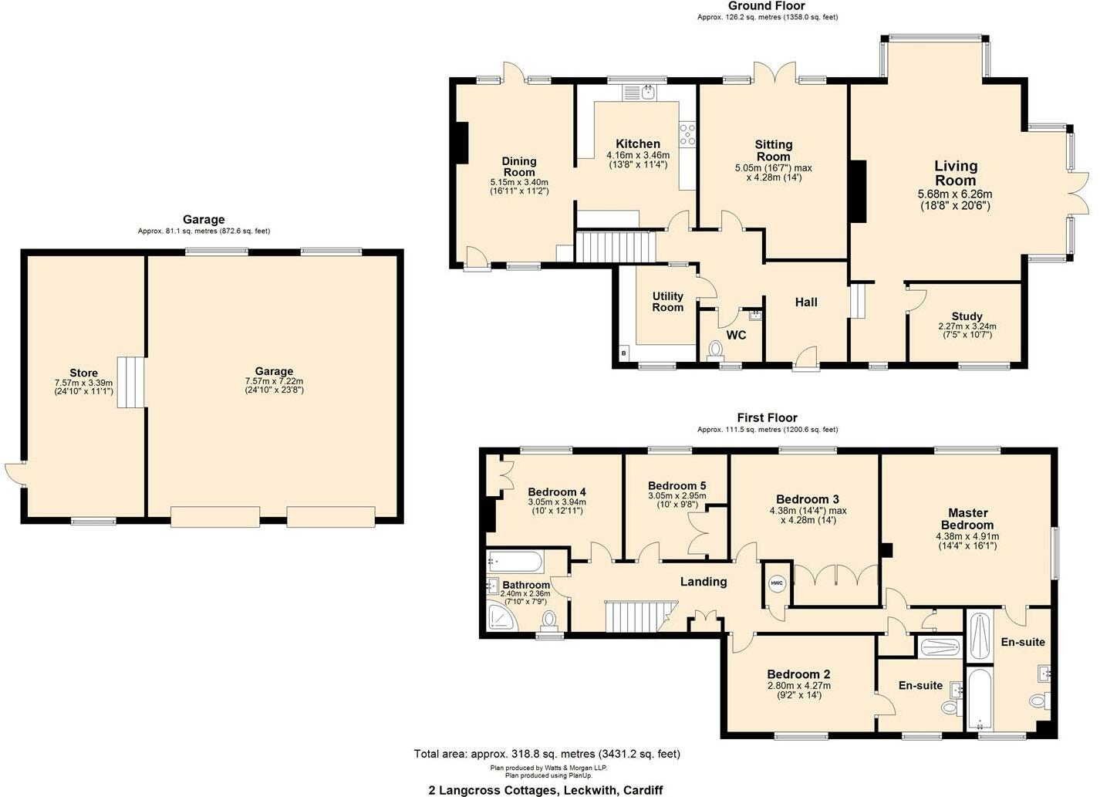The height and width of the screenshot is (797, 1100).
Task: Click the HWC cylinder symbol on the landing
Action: pos(776,583)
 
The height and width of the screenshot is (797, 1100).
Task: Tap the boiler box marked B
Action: pos(624,353)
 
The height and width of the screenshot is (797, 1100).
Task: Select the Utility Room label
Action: pos(667,302)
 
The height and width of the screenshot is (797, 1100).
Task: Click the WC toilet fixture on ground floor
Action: pos(717,350)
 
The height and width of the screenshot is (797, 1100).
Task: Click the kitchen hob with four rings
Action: pos(687,135)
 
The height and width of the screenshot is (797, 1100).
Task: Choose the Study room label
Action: pos(967,316)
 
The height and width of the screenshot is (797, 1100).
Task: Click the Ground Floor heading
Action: pos(766,6)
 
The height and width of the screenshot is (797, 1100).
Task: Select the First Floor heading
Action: pos(767,418)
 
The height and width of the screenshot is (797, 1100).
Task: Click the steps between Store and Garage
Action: pos(131,383)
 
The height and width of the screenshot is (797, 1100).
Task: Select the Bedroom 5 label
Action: pos(677,486)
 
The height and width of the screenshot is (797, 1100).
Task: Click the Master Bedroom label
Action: pos(967,518)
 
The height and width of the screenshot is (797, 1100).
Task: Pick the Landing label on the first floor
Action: pos(703,582)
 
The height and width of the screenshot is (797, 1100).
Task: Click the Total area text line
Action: pos(547,754)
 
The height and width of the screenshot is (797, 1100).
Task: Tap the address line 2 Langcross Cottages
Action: pos(545,790)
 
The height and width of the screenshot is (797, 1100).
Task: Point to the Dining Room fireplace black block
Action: pos(461,143)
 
